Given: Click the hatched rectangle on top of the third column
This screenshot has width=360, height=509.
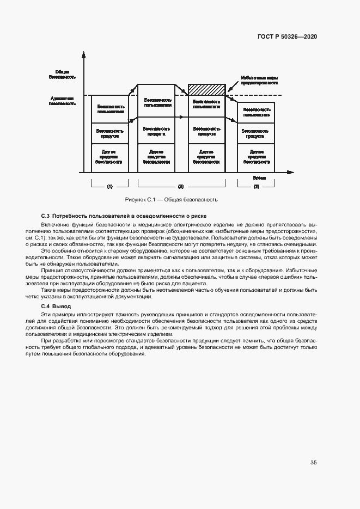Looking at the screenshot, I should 207,89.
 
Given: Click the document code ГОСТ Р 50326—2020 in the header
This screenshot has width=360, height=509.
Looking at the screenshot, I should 287,37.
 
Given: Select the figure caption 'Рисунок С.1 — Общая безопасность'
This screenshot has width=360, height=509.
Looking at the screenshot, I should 171,200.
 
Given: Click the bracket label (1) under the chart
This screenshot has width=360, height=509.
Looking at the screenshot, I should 109,187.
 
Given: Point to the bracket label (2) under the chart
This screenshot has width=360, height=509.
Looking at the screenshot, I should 181,187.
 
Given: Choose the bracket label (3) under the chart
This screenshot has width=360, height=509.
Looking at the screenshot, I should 256,187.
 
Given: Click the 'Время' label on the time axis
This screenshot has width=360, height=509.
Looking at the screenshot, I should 259,178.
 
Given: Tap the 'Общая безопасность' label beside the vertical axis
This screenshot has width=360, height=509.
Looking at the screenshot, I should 62,75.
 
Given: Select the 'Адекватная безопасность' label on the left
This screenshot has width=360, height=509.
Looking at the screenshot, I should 62,100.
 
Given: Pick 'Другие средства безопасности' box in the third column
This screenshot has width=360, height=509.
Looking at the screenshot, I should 207,158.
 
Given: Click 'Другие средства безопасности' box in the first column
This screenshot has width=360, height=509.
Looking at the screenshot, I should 109,158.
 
